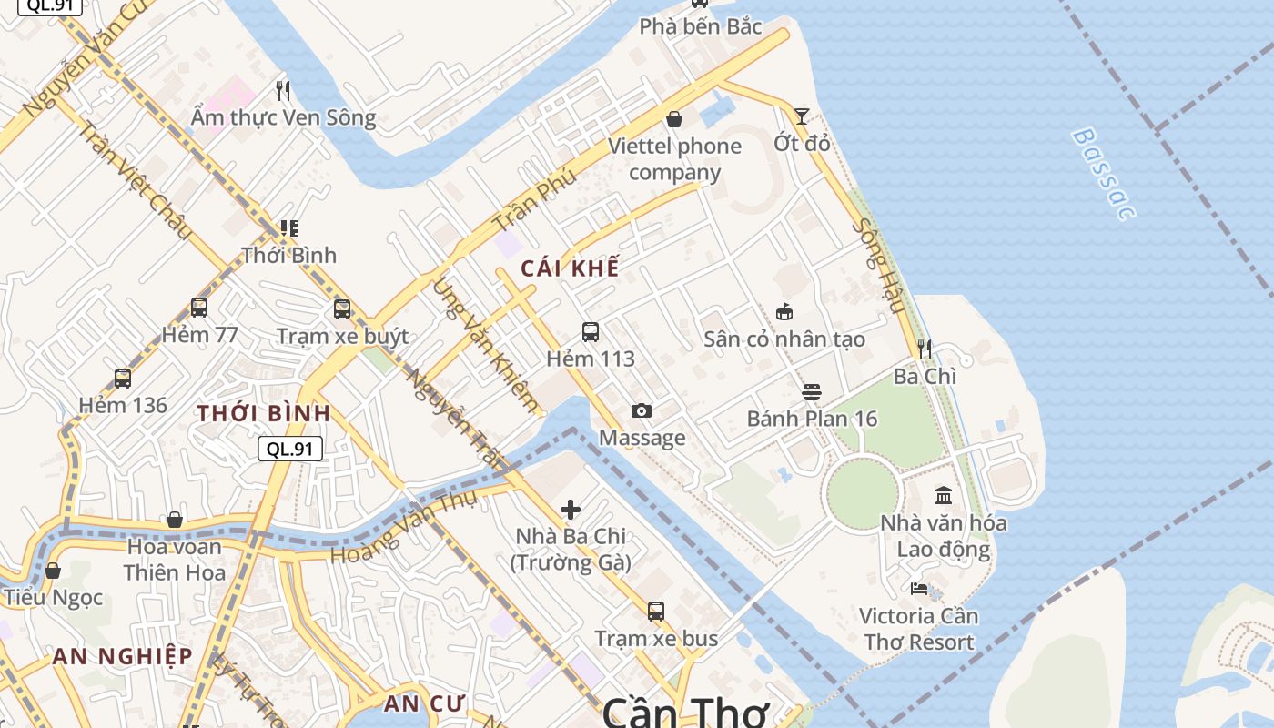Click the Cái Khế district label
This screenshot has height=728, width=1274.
(x=570, y=268)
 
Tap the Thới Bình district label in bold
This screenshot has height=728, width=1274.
(x=264, y=413)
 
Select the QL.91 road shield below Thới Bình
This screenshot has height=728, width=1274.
(x=290, y=449)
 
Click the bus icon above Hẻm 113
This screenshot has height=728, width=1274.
(x=591, y=332)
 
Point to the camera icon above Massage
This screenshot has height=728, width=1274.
(x=642, y=411)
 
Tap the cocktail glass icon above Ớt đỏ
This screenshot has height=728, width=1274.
(x=801, y=116)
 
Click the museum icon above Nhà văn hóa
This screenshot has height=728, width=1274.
(x=944, y=496)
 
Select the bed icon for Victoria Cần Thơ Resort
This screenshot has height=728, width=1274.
(x=919, y=589)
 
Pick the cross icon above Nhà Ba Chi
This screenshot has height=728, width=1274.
(x=571, y=510)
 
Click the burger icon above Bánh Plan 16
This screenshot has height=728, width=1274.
(x=812, y=392)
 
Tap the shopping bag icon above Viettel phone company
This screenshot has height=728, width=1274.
(x=674, y=119)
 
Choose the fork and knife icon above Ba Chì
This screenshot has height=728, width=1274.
(x=925, y=349)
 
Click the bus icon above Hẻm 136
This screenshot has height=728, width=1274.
(x=123, y=379)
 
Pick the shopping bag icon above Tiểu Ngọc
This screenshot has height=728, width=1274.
(x=53, y=571)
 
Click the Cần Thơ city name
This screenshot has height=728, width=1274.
(x=686, y=712)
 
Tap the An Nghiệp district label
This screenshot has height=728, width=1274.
(x=122, y=656)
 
